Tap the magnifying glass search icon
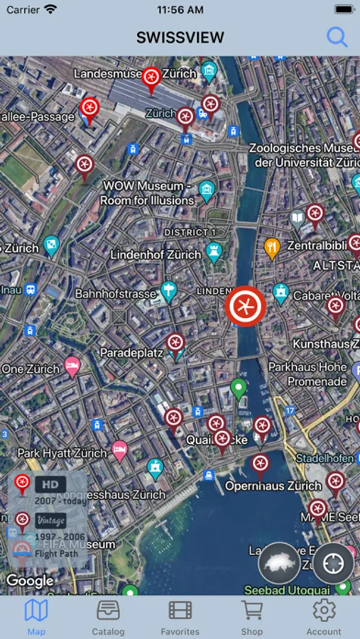337,37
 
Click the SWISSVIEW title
180,38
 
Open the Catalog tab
108,617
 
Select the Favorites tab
180,617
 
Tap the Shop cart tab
252,617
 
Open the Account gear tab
324,617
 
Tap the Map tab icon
36,611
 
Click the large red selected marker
245,307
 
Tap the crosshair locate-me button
334,563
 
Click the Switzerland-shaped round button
279,564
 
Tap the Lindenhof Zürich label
156,254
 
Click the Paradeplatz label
131,352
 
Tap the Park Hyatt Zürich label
62,452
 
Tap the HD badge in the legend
50,484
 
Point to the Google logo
30,581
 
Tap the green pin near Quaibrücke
239,388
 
